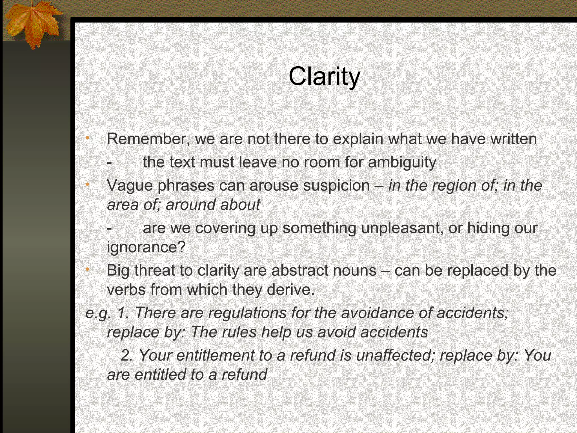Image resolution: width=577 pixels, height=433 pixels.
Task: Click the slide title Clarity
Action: click(x=324, y=77)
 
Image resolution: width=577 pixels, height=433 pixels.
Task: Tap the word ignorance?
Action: click(x=146, y=247)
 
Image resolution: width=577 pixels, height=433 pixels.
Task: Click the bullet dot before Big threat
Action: click(x=87, y=270)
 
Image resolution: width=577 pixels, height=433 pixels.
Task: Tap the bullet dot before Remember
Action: click(x=87, y=138)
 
